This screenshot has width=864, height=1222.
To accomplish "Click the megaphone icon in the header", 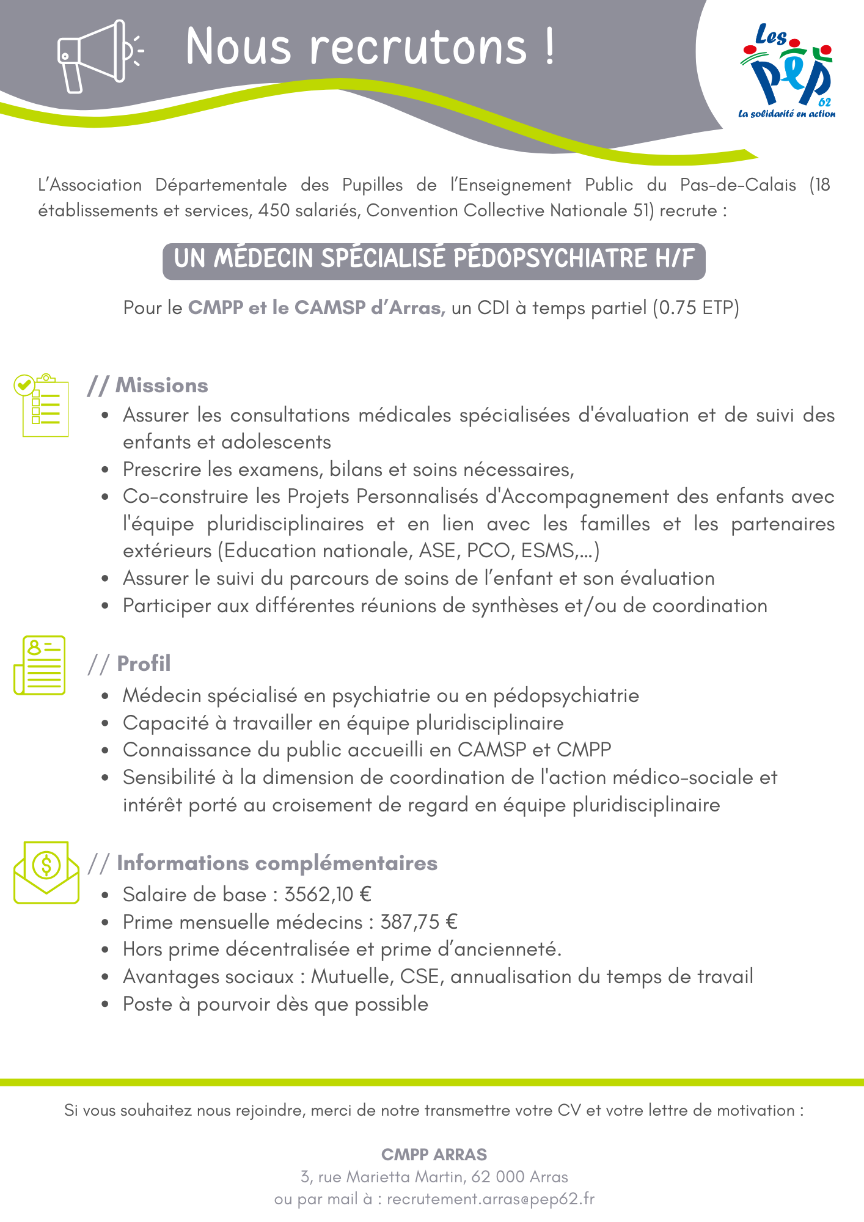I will (98, 56).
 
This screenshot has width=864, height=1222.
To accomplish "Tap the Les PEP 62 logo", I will (787, 70).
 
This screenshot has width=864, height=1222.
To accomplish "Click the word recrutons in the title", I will (419, 46).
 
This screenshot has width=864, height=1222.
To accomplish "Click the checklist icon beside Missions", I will (42, 404).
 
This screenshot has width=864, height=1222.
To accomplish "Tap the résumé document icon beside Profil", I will (40, 665).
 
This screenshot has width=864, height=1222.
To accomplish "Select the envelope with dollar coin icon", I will (46, 873).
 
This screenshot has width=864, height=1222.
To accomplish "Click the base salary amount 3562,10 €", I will (328, 895).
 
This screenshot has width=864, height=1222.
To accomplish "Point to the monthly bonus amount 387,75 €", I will (419, 922).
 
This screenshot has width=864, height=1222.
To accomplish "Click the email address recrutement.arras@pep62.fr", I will (490, 1199).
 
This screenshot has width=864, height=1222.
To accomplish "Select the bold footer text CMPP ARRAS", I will (434, 1154).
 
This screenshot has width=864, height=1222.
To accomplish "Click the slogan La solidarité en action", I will (786, 114).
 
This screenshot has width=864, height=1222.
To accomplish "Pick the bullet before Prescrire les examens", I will (106, 470).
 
